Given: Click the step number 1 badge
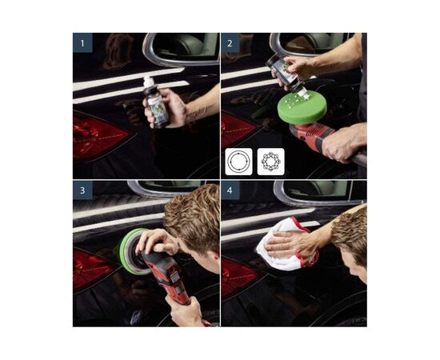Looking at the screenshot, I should pos(82,42).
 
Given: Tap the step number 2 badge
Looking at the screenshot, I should pos(230,42).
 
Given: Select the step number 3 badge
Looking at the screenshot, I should pos(82,191).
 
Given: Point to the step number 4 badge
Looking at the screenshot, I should pos(230,191).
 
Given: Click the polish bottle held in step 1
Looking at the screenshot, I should pos(157,104).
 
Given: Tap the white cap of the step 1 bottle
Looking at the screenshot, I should pos(148,81).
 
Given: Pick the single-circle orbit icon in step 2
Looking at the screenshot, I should pos(238,162).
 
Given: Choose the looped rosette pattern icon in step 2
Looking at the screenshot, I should pos(270,162).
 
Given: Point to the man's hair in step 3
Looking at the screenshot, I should pos(194,216).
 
